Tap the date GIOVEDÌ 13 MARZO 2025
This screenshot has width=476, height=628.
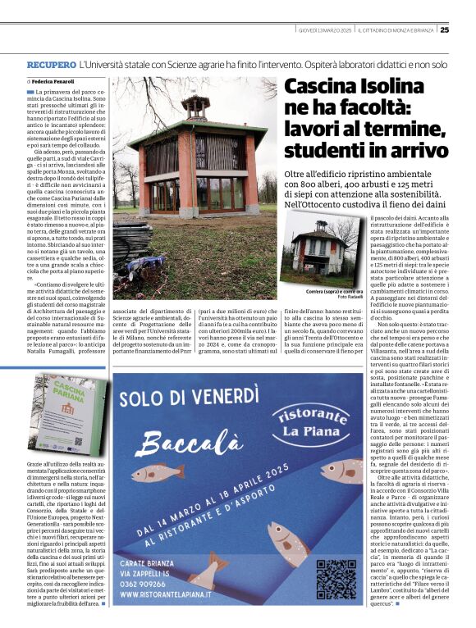(325, 30)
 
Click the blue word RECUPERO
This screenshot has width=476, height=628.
(52, 63)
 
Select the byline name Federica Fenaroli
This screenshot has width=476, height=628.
(53, 82)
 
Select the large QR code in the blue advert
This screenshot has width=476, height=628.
(336, 579)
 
